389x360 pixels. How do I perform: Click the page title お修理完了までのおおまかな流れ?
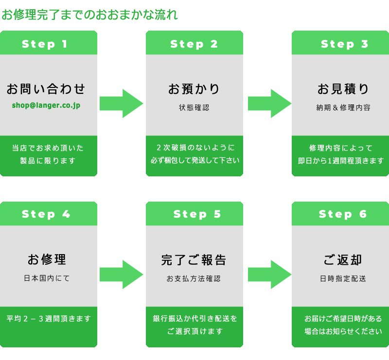pos(89,15)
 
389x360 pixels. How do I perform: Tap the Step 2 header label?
pos(194,44)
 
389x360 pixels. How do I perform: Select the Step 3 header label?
pos(344,44)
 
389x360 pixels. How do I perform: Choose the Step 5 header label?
pos(197,214)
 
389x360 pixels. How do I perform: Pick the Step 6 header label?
pos(343,214)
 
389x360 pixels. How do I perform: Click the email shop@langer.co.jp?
pos(46,105)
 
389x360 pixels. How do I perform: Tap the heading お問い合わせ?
pos(46,89)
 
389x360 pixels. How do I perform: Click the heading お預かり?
pos(194,89)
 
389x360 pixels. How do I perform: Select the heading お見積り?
pos(343,89)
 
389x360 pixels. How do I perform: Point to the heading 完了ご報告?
pos(194,260)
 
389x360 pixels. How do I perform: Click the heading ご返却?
pos(343,260)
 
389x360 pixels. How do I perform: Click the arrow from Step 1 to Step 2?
pos(121,103)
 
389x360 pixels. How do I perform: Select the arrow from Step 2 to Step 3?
pos(269,103)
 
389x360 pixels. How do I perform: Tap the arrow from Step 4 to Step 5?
pos(121,274)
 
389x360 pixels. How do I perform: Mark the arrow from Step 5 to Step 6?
pos(269,274)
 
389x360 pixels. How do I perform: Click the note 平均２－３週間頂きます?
pos(49,319)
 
